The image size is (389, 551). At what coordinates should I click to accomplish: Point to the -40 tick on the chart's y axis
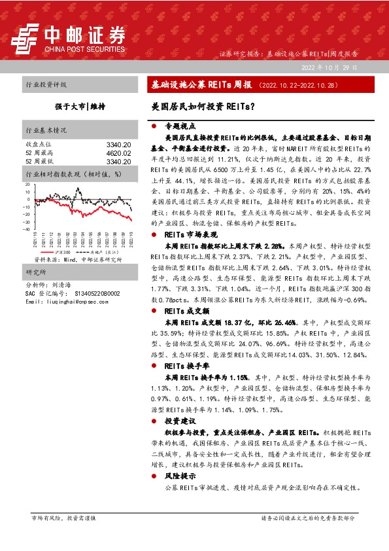coord(26,230)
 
